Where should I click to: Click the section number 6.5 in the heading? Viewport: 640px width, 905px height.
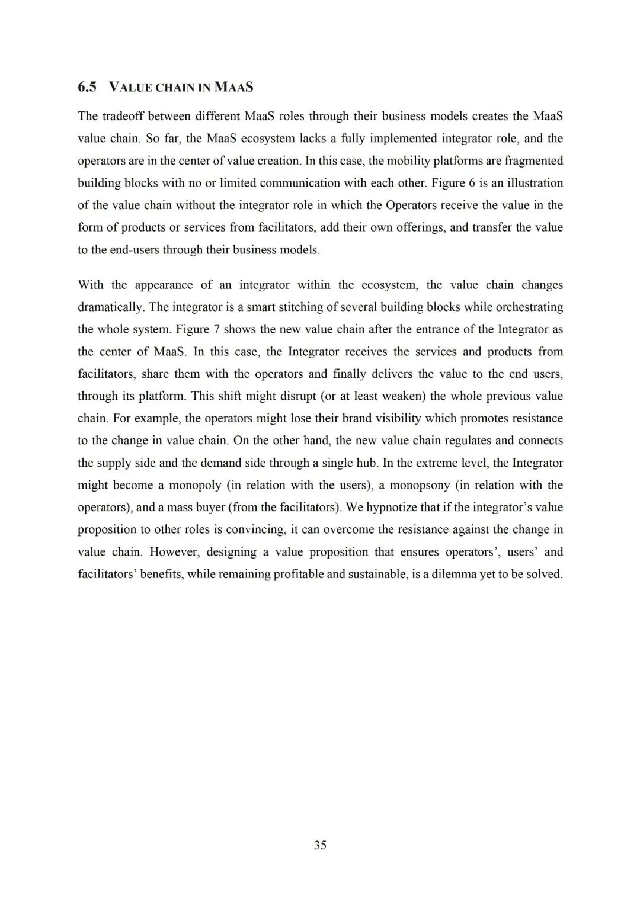pos(87,88)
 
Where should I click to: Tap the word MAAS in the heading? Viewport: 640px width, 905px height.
pos(233,88)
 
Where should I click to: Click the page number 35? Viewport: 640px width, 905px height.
pos(320,845)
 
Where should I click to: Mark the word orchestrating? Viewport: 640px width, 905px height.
pos(527,307)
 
